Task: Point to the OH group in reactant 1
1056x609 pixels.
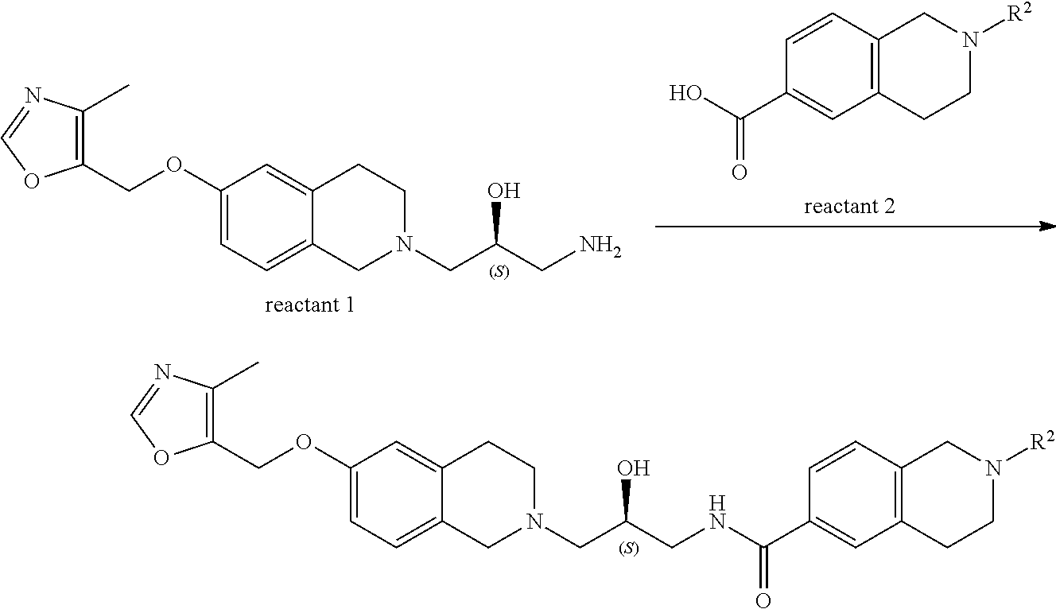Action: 504,191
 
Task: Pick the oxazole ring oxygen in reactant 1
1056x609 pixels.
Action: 33,180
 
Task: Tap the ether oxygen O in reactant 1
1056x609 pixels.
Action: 177,168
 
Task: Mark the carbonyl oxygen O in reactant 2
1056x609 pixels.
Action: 739,172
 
